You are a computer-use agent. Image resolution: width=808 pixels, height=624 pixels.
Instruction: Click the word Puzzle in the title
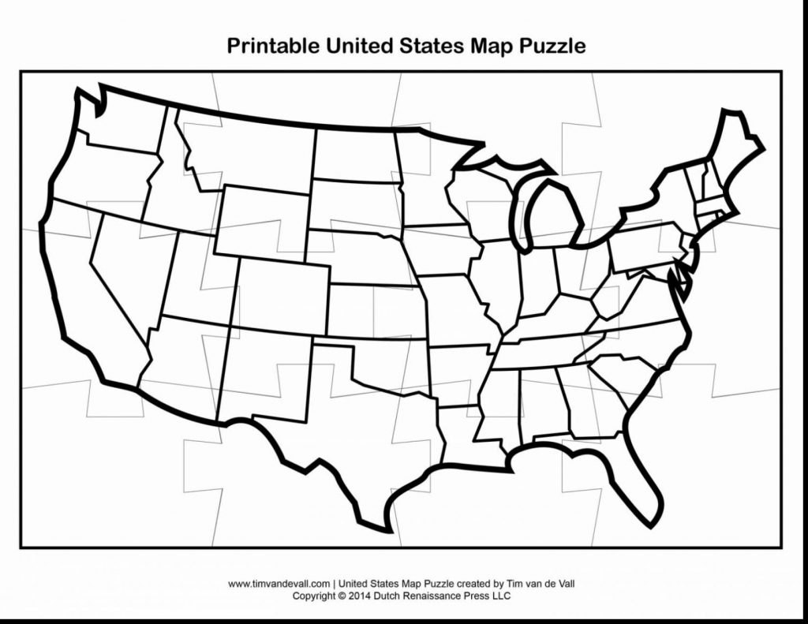[552, 46]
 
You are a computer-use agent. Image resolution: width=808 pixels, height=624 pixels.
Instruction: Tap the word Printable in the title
[273, 46]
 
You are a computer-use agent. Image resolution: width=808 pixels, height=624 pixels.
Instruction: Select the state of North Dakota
[355, 154]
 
